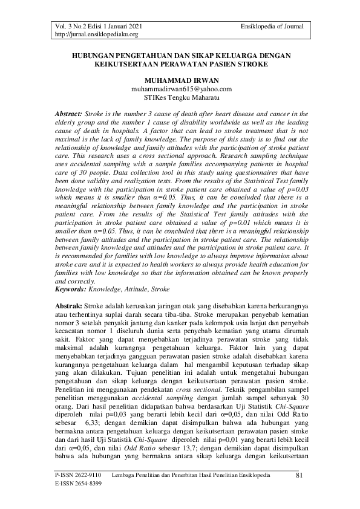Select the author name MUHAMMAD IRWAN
(182, 80)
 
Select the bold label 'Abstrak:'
(69, 307)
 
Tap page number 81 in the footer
(299, 476)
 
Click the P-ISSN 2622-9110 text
(75, 477)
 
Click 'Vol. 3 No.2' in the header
(70, 26)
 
